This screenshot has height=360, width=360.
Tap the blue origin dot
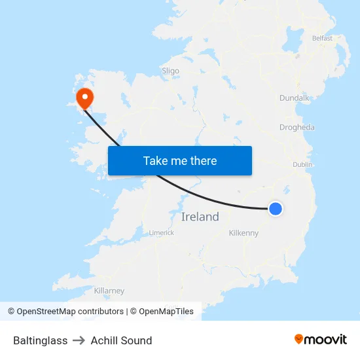(x=276, y=208)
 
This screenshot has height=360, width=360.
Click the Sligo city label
(x=170, y=71)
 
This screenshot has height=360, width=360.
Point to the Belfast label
(x=322, y=38)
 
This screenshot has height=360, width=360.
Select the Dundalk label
(x=294, y=98)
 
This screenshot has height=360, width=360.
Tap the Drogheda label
(x=297, y=128)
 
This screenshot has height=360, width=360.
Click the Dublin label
(x=302, y=164)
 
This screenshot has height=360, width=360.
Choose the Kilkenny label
(x=244, y=233)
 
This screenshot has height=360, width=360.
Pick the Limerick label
(x=161, y=232)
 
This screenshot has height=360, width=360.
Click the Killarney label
(x=109, y=291)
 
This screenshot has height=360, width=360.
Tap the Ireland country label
(x=200, y=217)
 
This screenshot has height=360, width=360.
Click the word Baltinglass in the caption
(x=41, y=340)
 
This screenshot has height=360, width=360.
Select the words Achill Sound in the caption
(x=121, y=340)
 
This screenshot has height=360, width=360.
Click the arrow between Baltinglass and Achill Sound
(x=79, y=340)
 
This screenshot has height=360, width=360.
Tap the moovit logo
(x=321, y=339)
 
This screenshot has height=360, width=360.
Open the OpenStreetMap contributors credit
(x=65, y=312)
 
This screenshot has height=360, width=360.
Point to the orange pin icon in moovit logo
(x=299, y=339)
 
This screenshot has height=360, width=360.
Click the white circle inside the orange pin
(x=85, y=97)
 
